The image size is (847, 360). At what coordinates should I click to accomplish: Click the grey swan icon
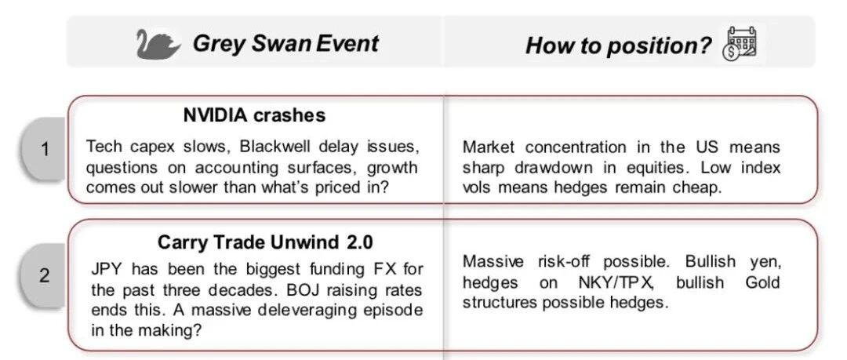tap(158, 44)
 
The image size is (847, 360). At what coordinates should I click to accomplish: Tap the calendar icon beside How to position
tap(740, 43)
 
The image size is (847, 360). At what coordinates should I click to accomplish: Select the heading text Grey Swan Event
tap(285, 43)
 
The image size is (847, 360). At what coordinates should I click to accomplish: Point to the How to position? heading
tap(619, 45)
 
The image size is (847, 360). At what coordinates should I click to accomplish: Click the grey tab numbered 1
tap(44, 149)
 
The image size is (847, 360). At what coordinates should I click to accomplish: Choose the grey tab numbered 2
tap(44, 275)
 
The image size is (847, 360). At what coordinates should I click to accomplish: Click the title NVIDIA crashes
tap(254, 115)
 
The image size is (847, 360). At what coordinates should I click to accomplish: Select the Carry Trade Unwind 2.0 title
tap(265, 242)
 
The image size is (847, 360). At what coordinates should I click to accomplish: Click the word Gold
tap(763, 282)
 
